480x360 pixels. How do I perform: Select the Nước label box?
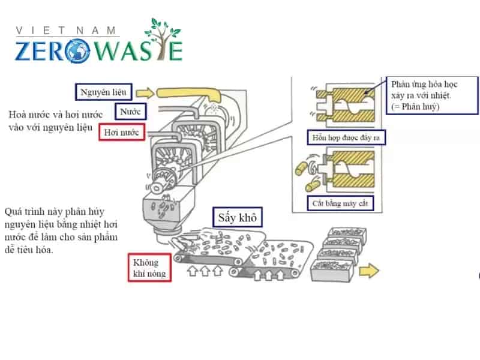[130, 112]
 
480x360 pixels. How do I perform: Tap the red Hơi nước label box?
[122, 131]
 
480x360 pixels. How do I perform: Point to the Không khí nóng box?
[147, 269]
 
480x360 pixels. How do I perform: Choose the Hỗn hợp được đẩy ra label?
[346, 138]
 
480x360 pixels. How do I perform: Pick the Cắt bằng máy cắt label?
[340, 203]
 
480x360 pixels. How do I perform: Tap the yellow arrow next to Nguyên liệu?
[144, 93]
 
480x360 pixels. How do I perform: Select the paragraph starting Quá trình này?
[60, 232]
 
